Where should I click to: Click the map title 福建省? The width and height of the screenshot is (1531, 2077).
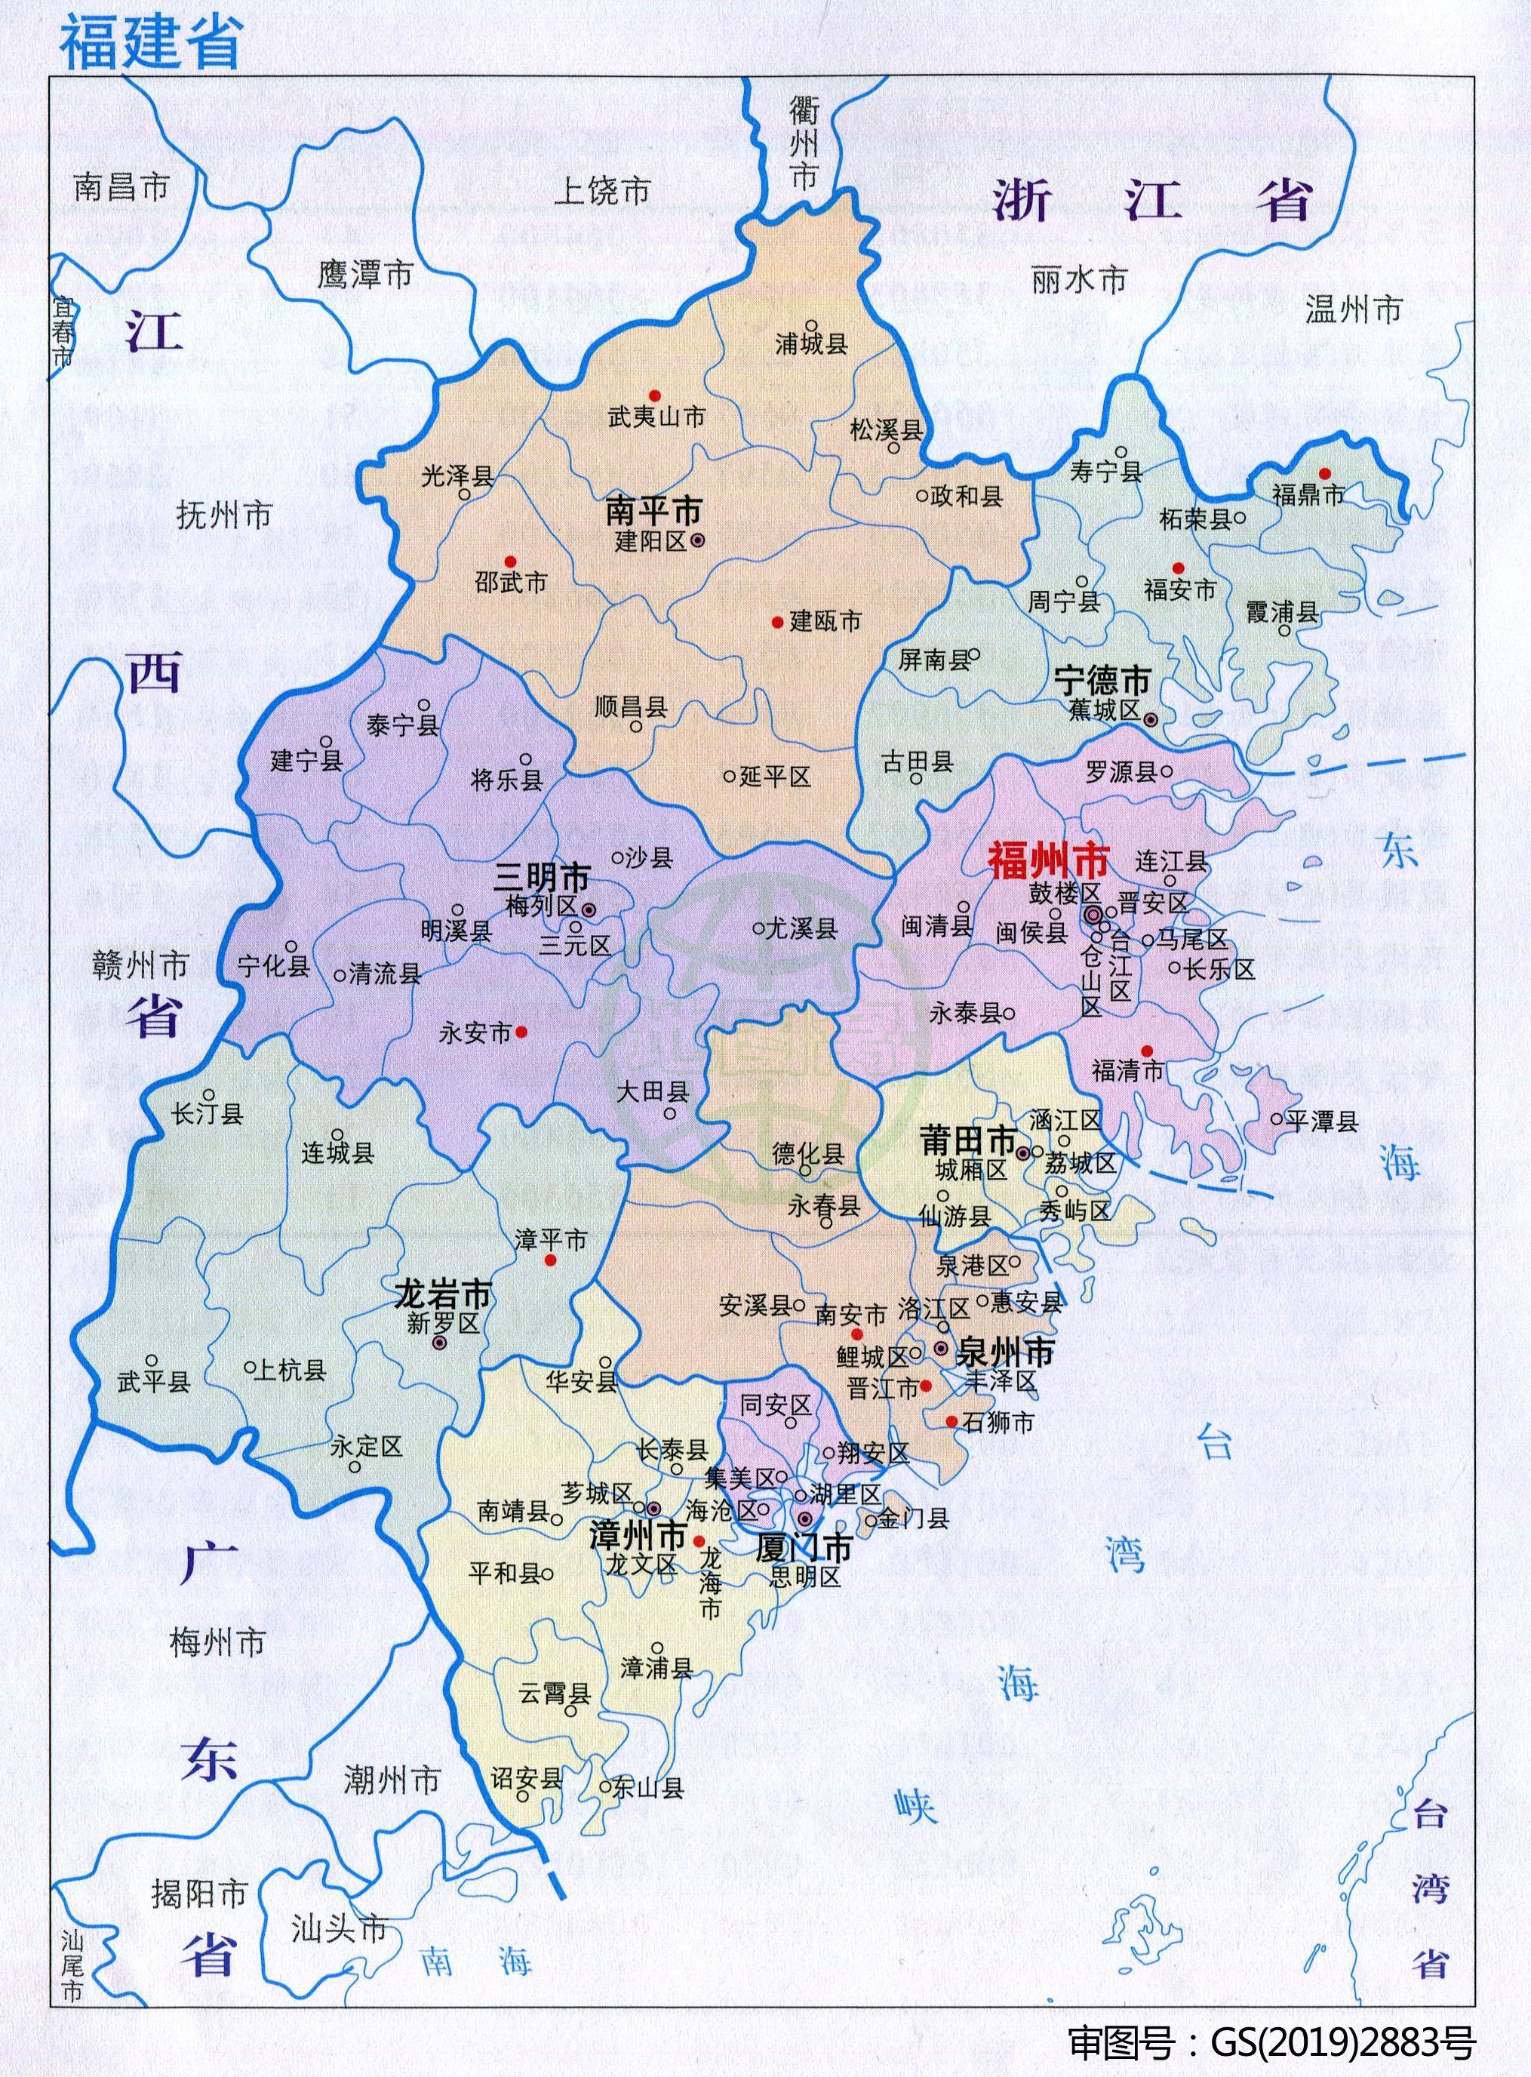pyautogui.click(x=150, y=42)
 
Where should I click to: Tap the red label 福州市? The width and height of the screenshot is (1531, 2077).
pyautogui.click(x=1048, y=861)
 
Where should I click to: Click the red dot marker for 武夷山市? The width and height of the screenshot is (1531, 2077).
pyautogui.click(x=654, y=395)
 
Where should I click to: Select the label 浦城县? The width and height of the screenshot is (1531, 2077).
pyautogui.click(x=811, y=345)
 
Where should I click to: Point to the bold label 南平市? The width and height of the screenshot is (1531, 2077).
pyautogui.click(x=653, y=511)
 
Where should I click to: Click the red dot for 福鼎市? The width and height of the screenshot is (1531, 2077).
pyautogui.click(x=1324, y=474)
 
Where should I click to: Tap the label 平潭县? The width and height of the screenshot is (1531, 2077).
pyautogui.click(x=1321, y=1122)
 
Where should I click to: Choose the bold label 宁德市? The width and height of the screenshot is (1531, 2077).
pyautogui.click(x=1102, y=682)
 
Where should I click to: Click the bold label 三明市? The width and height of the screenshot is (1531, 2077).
pyautogui.click(x=543, y=877)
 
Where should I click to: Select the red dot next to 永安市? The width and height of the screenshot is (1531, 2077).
pyautogui.click(x=521, y=1031)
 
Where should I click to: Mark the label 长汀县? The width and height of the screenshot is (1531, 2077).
pyautogui.click(x=207, y=1113)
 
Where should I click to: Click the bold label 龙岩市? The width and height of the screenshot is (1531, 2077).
pyautogui.click(x=443, y=1294)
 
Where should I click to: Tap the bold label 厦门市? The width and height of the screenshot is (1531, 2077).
pyautogui.click(x=804, y=1547)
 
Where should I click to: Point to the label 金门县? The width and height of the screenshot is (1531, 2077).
pyautogui.click(x=913, y=1519)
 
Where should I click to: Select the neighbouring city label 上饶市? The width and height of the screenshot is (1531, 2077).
pyautogui.click(x=602, y=191)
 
